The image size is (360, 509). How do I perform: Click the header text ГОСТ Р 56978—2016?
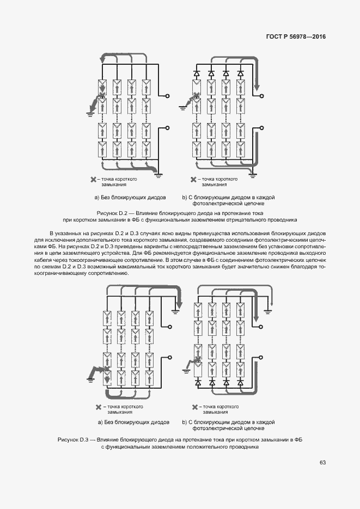(x=296, y=37)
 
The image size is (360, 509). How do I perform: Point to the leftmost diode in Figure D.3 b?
(x=197, y=383)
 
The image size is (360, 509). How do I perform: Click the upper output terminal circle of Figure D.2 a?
(x=167, y=96)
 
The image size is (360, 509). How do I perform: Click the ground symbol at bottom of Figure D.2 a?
(x=159, y=175)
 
